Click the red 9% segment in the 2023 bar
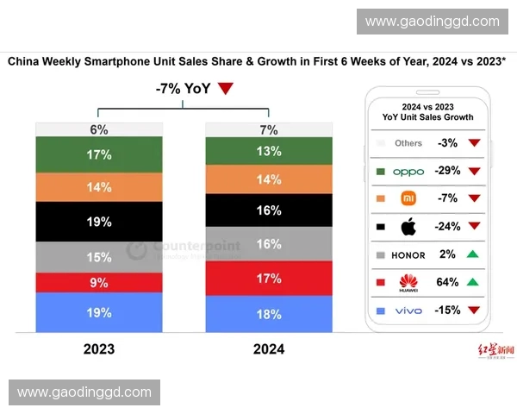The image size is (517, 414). [98, 282]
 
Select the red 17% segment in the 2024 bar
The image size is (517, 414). [269, 278]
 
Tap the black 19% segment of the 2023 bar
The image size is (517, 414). [98, 222]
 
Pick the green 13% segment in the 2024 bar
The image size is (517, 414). [269, 151]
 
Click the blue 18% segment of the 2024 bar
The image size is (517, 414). [269, 314]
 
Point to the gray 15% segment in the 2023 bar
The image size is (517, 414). [98, 257]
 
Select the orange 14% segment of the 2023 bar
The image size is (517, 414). [98, 186]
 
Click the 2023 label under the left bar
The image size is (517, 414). [98, 350]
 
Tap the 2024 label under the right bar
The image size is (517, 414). [269, 350]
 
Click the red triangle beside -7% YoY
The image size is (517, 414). [226, 88]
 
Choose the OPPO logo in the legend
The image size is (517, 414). [408, 172]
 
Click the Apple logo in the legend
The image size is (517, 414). [408, 228]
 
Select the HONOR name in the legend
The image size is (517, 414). [408, 255]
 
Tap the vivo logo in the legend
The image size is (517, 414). [408, 310]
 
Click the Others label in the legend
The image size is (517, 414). [408, 143]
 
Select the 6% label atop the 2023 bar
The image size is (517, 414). [98, 129]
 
